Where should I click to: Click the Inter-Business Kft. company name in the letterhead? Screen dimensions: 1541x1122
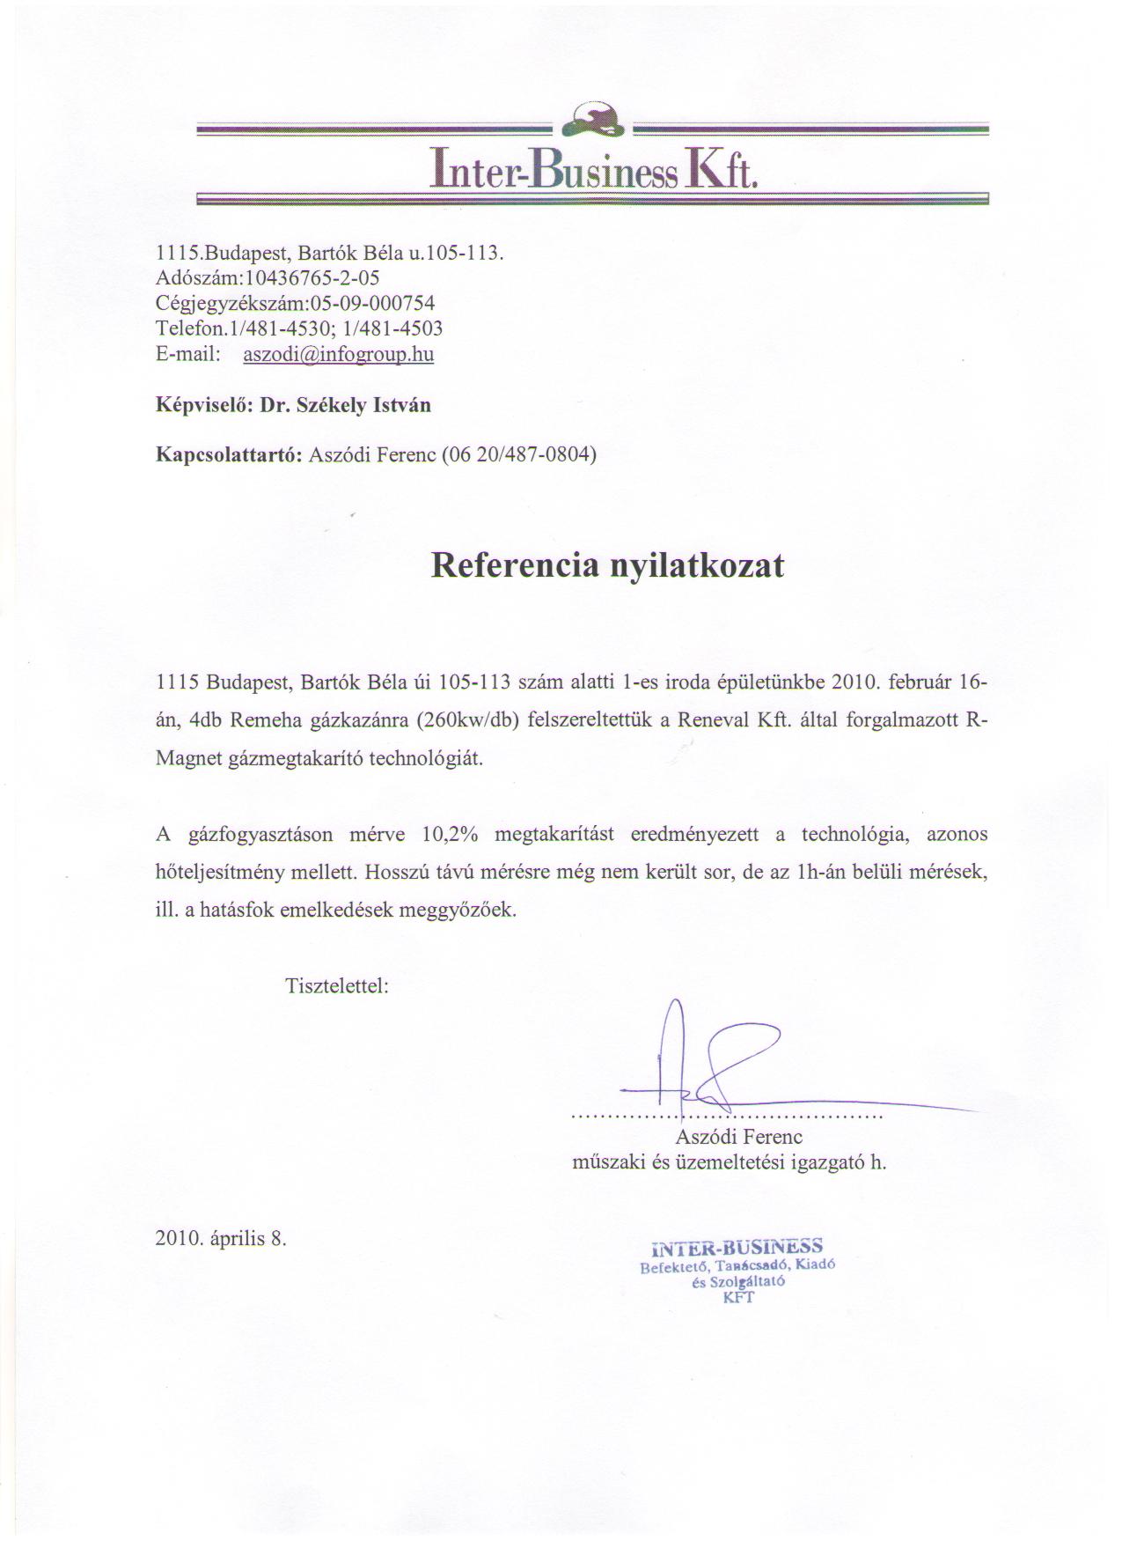pyautogui.click(x=592, y=167)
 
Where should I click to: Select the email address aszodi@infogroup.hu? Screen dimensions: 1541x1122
pyautogui.click(x=338, y=354)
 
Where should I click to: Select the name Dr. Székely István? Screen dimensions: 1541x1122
pyautogui.click(x=346, y=405)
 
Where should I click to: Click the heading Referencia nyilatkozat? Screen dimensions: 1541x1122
pyautogui.click(x=607, y=564)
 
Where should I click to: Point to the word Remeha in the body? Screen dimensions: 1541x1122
pyautogui.click(x=268, y=719)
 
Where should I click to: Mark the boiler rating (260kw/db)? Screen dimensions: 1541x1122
pyautogui.click(x=472, y=719)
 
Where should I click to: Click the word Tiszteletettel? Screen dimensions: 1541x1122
pyautogui.click(x=337, y=985)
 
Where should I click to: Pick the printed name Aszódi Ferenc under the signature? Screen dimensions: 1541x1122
pyautogui.click(x=739, y=1137)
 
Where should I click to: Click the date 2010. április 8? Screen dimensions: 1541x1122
pyautogui.click(x=221, y=1238)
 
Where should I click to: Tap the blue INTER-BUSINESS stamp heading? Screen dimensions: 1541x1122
pyautogui.click(x=737, y=1247)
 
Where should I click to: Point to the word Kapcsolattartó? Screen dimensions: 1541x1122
pyautogui.click(x=229, y=455)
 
